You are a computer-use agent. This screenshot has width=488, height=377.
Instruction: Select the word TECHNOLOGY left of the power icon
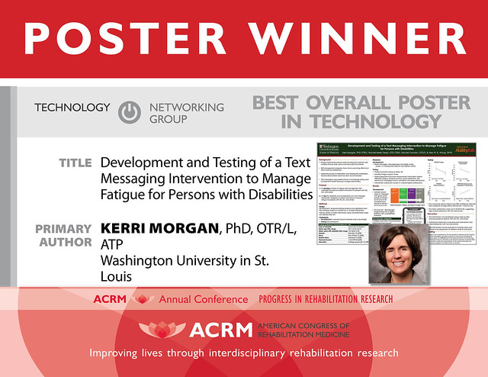[72, 108]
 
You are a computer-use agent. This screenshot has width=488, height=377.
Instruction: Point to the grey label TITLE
[75, 163]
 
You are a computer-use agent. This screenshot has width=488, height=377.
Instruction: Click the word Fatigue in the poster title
[127, 195]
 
